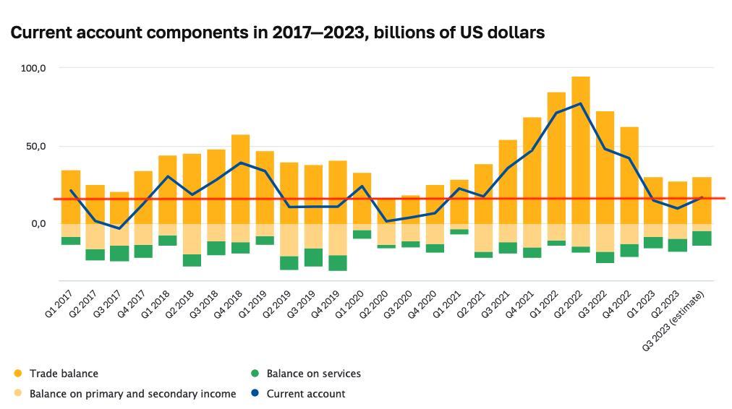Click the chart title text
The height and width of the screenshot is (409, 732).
pyautogui.click(x=277, y=33)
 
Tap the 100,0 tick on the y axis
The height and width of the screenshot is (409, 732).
pyautogui.click(x=33, y=68)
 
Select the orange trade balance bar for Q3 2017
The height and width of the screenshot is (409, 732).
pyautogui.click(x=119, y=208)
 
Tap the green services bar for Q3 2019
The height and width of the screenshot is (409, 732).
pyautogui.click(x=313, y=257)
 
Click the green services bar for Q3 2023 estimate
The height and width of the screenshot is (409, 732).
pyautogui.click(x=702, y=238)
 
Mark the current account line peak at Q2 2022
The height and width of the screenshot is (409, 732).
pyautogui.click(x=580, y=103)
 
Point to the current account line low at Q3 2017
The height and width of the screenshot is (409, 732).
pyautogui.click(x=119, y=228)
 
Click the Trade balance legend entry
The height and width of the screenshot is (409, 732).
pyautogui.click(x=64, y=374)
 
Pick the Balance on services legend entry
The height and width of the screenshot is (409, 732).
pyautogui.click(x=313, y=374)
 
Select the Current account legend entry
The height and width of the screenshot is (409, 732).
pyautogui.click(x=305, y=394)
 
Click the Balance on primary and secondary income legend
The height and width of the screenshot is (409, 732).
pyautogui.click(x=132, y=394)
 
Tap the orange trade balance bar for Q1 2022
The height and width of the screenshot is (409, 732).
pyautogui.click(x=556, y=158)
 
